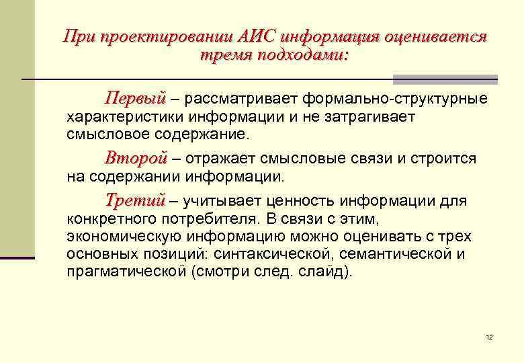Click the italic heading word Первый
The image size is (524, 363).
coord(134,99)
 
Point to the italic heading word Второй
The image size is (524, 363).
coord(135,159)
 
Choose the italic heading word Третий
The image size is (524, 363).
coord(135,200)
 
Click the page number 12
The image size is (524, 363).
coord(489,337)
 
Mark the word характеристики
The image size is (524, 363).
coord(119,117)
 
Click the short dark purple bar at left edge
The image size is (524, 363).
coord(17,257)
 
